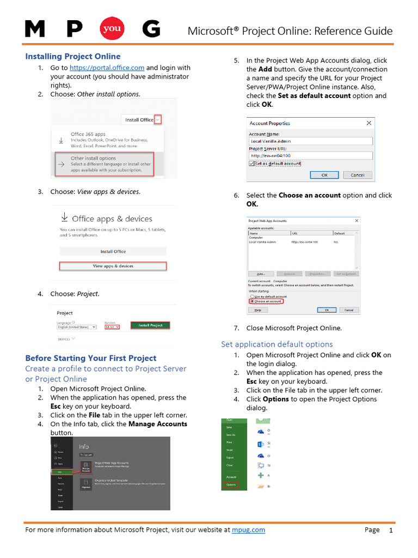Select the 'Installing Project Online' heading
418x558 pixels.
click(73, 56)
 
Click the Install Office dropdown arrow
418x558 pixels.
click(158, 119)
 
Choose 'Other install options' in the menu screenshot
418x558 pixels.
click(104, 163)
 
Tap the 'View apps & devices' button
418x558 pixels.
click(113, 266)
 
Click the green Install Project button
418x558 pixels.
click(150, 325)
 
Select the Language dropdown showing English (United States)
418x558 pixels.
click(77, 327)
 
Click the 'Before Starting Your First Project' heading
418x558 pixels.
click(91, 358)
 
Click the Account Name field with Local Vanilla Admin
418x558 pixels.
click(310, 141)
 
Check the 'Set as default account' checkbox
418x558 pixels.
click(251, 163)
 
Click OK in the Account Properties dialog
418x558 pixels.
click(324, 175)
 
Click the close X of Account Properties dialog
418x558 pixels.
click(370, 123)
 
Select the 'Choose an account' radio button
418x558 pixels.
click(251, 301)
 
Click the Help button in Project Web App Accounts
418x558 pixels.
click(257, 310)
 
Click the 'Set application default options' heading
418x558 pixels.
click(276, 344)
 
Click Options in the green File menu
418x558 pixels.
click(231, 484)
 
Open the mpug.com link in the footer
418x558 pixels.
click(248, 530)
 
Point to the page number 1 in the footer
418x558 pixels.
click(390, 530)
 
